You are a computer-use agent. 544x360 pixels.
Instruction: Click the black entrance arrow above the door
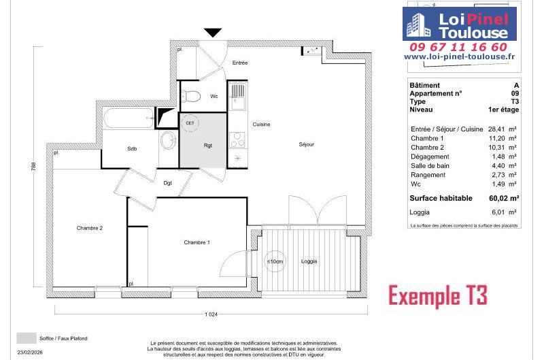point(213,33)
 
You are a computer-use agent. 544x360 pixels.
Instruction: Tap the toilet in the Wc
point(191,96)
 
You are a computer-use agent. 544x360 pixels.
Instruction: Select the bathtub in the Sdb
point(129,118)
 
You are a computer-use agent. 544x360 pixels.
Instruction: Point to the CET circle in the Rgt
point(190,123)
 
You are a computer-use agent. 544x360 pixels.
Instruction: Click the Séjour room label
point(307,144)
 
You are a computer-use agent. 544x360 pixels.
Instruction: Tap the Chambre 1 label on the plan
point(197,242)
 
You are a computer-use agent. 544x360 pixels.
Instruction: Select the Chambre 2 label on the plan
point(90,228)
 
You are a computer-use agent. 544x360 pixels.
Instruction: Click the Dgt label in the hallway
point(167,183)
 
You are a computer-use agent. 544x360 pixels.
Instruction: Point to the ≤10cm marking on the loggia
point(275,261)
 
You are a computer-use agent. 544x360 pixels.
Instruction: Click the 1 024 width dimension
point(211,314)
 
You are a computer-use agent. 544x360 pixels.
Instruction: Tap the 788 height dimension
point(33,167)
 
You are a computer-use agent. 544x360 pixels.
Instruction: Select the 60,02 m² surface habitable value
point(504,198)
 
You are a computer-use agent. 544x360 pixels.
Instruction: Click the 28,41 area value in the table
point(496,129)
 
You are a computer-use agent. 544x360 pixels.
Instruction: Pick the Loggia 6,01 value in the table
point(498,212)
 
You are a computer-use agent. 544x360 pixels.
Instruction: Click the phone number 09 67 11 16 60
point(458,47)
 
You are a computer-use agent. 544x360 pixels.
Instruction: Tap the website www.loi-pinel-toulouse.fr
point(460,56)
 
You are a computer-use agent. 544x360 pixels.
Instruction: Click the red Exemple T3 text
point(438,295)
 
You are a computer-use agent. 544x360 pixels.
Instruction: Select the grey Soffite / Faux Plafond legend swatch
point(27,338)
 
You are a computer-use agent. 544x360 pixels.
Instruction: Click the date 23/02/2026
point(30,353)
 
